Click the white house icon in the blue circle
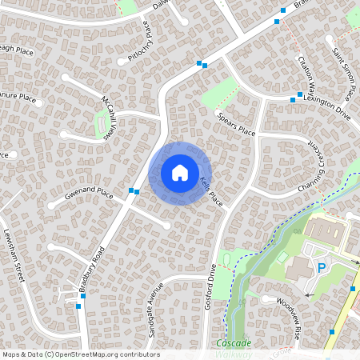[180, 173]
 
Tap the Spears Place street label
[234, 125]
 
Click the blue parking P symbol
[322, 269]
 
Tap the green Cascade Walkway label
[234, 348]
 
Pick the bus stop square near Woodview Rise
[332, 331]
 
